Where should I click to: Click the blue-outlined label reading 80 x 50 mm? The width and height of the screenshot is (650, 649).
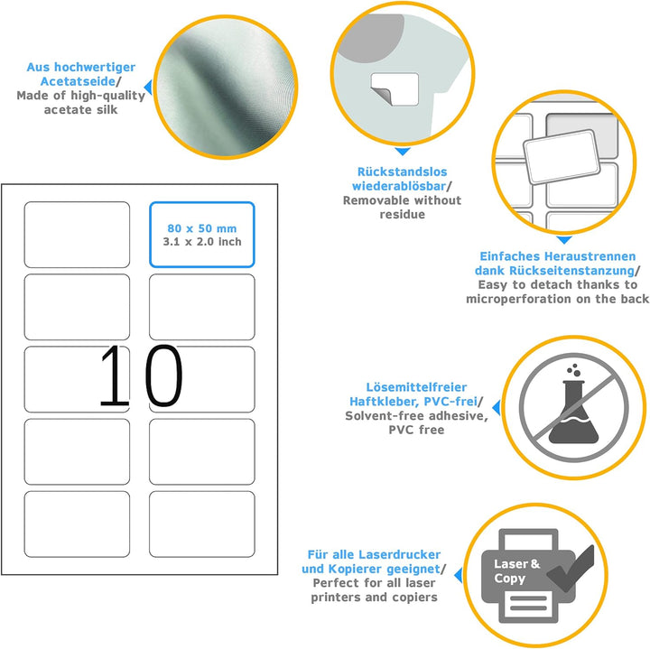pos(202,235)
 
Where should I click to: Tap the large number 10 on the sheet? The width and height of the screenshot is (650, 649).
pos(141,375)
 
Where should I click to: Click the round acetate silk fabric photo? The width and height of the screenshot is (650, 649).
pos(226,87)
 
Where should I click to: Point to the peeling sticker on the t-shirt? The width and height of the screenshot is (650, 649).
pos(395,89)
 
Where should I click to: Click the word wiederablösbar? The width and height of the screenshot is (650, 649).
pos(399,186)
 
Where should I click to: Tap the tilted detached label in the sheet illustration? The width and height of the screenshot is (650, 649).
pos(562,157)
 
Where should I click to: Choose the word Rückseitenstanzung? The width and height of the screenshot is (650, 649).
pos(571,271)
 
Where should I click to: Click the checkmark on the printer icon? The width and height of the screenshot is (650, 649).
pos(571,569)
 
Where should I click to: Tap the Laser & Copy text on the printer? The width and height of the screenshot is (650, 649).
pos(516,571)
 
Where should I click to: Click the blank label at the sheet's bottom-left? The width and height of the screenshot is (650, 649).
pos(77,524)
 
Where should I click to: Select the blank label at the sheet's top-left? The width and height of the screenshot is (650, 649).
pos(77,235)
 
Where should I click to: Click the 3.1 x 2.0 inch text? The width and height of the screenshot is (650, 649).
pos(202,242)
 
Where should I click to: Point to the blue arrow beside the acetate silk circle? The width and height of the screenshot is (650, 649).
pos(148,88)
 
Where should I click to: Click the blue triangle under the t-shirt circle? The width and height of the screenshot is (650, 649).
pos(402,152)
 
